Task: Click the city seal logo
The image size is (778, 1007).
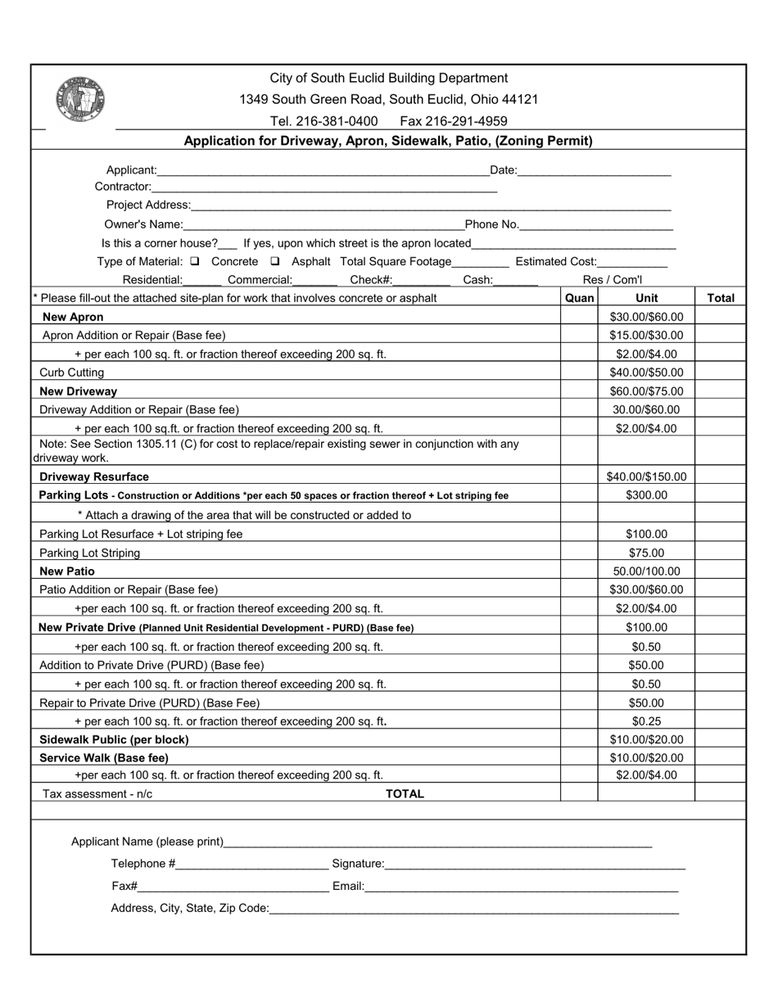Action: click(x=80, y=100)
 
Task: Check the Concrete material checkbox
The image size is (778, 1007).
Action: click(x=194, y=262)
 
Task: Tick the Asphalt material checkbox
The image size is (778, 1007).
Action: click(x=275, y=262)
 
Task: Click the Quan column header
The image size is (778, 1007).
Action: click(x=579, y=298)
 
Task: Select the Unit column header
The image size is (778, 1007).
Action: click(x=646, y=298)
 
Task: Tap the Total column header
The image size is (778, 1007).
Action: click(x=720, y=298)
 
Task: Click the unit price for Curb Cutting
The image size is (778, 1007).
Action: click(x=646, y=373)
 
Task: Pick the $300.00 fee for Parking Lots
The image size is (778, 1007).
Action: click(x=646, y=495)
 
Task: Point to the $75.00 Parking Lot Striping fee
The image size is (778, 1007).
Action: click(x=646, y=553)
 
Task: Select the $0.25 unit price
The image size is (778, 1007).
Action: click(x=646, y=721)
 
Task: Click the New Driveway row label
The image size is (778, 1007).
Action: click(x=78, y=391)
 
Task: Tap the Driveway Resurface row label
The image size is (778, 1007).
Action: click(x=94, y=476)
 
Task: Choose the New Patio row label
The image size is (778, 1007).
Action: click(x=67, y=571)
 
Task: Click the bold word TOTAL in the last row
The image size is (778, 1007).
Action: click(x=405, y=794)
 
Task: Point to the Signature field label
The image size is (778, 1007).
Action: click(x=358, y=864)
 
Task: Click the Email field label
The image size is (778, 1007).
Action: click(x=348, y=886)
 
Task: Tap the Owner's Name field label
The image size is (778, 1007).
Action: click(x=143, y=224)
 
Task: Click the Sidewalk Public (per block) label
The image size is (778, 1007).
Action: click(x=114, y=739)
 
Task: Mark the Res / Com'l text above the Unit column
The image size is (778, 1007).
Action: click(x=613, y=280)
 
